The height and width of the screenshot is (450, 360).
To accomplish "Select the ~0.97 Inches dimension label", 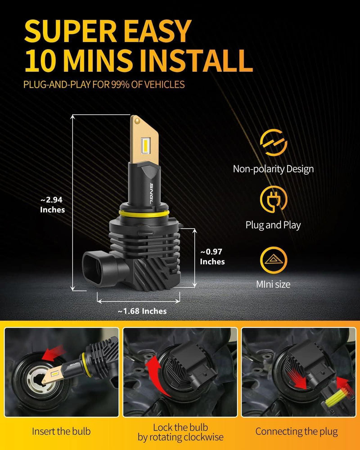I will [x=212, y=257].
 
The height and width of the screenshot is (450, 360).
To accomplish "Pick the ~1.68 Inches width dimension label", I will [x=142, y=311].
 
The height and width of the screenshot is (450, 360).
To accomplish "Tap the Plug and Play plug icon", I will [x=273, y=199].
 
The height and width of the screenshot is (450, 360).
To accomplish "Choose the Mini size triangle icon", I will [x=273, y=260].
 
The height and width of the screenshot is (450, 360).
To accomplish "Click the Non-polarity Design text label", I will [x=273, y=169].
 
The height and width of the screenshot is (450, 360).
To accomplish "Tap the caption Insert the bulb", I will [x=61, y=432].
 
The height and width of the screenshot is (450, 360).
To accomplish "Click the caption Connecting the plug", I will [x=297, y=432].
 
